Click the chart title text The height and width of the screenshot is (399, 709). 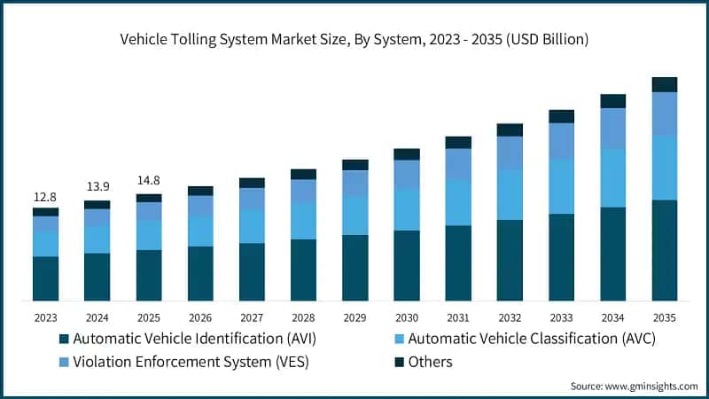(354, 39)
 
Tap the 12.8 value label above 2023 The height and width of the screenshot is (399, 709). (45, 196)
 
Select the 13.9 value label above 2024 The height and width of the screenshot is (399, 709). (97, 188)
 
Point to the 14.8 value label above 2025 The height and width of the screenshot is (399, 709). (149, 181)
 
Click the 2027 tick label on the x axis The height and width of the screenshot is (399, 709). (252, 317)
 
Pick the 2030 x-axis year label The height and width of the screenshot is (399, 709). (407, 317)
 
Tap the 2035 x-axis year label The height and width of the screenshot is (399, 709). (665, 317)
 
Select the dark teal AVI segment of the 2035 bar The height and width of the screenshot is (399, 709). (665, 250)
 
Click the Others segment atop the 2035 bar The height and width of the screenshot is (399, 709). (665, 84)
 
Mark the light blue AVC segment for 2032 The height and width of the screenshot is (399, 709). (510, 194)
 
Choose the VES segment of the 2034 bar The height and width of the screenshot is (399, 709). (613, 128)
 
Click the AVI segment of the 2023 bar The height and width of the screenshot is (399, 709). (45, 278)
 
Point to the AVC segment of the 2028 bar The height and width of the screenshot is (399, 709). (303, 220)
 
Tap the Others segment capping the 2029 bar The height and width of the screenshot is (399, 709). (355, 165)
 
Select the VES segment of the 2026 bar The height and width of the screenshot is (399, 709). (200, 205)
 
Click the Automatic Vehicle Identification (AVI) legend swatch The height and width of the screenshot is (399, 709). (63, 339)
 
